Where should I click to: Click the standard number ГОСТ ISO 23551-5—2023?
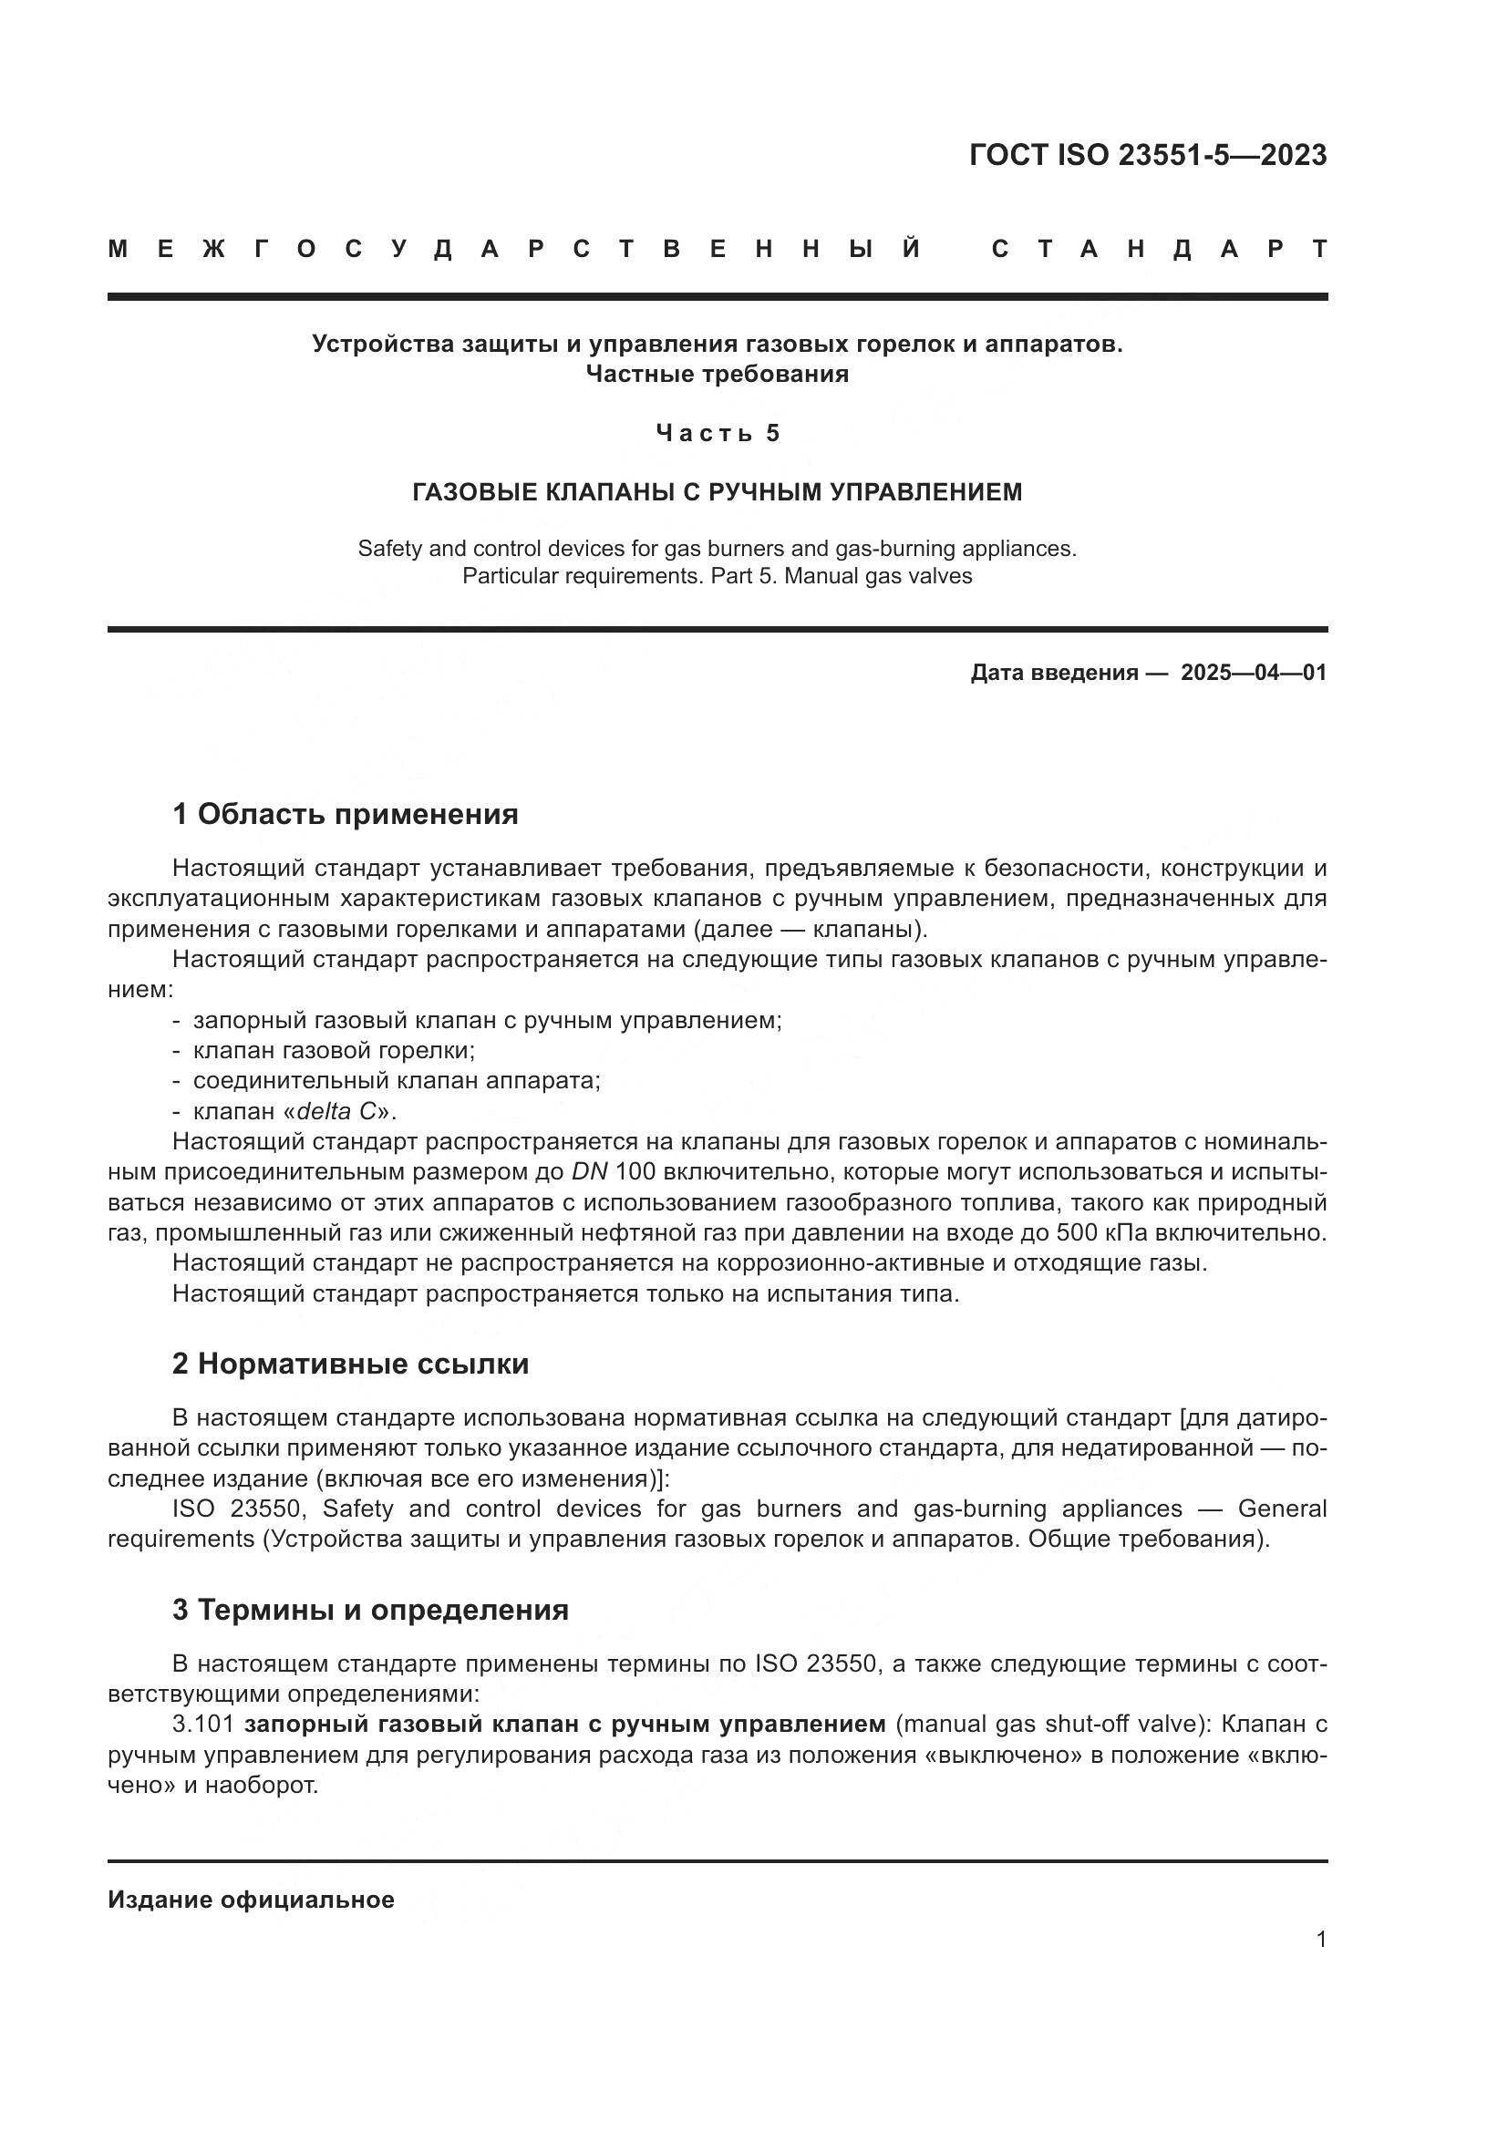(x=1148, y=155)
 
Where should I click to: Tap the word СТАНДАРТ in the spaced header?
(x=1159, y=249)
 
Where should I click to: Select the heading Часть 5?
(x=718, y=433)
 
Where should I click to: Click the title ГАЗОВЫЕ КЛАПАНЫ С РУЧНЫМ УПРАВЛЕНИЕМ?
(x=717, y=492)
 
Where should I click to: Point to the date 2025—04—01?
(x=1254, y=673)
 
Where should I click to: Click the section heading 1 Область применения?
(x=346, y=814)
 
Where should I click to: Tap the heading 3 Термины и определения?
(x=370, y=1609)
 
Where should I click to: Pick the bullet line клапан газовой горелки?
(x=334, y=1050)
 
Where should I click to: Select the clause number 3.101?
(x=203, y=1725)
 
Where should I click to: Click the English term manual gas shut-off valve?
(x=1050, y=1725)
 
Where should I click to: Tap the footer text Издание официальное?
(x=251, y=1900)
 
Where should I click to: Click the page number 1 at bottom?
(x=1320, y=1940)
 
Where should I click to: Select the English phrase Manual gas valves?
(x=878, y=576)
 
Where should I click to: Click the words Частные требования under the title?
(x=717, y=375)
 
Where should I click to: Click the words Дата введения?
(x=1055, y=673)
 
